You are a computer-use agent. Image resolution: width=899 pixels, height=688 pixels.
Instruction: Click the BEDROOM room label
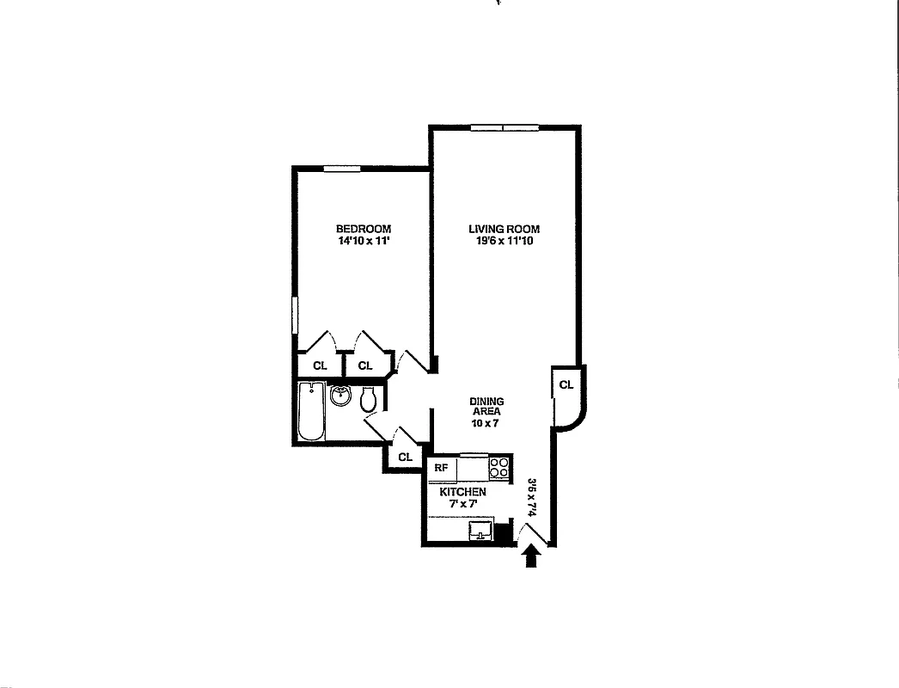click(363, 229)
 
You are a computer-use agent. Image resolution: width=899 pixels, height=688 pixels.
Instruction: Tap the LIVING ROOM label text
click(504, 229)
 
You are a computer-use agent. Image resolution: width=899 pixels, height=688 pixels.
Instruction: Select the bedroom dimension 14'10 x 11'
click(363, 242)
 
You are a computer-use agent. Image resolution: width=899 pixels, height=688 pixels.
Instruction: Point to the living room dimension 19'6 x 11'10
click(504, 242)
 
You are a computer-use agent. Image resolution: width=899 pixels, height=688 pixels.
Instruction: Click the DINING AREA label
click(486, 407)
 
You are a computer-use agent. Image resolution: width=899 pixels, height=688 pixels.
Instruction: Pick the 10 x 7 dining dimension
click(486, 423)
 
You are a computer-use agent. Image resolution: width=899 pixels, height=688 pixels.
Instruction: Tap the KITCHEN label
click(462, 492)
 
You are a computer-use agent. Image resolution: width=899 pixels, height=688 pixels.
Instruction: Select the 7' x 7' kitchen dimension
click(462, 504)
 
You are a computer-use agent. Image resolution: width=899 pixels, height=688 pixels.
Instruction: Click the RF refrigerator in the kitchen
click(441, 469)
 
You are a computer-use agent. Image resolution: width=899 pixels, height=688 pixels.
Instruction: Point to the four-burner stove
click(498, 468)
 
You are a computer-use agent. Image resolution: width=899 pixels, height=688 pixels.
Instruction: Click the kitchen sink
click(481, 531)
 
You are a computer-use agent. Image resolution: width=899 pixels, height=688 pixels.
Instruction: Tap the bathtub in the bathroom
click(310, 412)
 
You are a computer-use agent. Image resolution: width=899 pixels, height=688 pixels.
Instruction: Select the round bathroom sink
click(341, 396)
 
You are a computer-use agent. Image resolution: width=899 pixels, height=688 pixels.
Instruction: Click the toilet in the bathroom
click(369, 399)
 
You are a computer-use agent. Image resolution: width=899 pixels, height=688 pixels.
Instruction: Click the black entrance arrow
click(532, 558)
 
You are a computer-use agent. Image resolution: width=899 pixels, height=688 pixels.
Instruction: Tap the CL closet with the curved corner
click(566, 385)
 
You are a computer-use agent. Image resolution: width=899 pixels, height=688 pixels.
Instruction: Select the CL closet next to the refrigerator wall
click(405, 458)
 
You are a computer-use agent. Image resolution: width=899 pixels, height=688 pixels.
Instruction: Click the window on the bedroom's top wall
click(341, 169)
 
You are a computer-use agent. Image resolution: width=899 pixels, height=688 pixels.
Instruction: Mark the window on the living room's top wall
click(504, 128)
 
